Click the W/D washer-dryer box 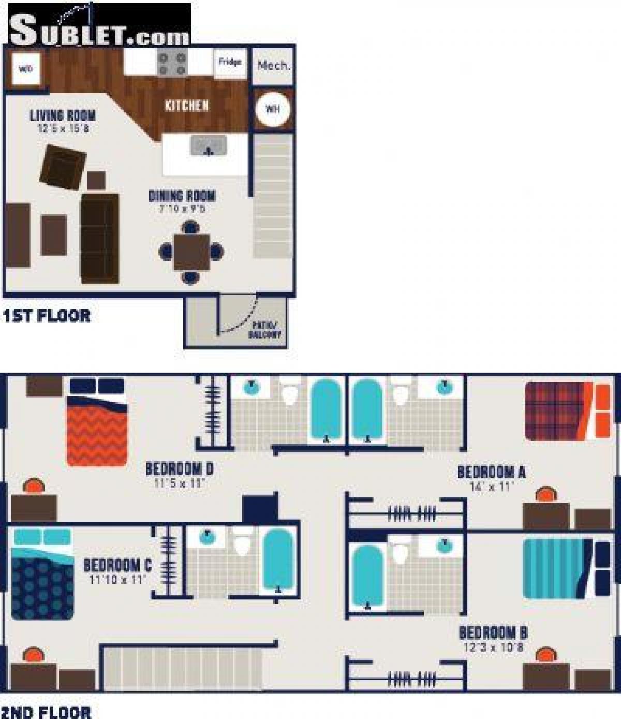click(25, 68)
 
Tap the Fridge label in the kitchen click(229, 62)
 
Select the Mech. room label click(273, 66)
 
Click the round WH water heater click(272, 109)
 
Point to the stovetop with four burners click(172, 63)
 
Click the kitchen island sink click(209, 146)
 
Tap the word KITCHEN click(187, 106)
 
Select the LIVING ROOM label click(63, 115)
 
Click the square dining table click(191, 252)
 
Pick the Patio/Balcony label click(268, 330)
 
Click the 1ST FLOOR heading click(47, 315)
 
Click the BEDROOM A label click(491, 472)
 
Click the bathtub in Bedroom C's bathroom click(278, 560)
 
